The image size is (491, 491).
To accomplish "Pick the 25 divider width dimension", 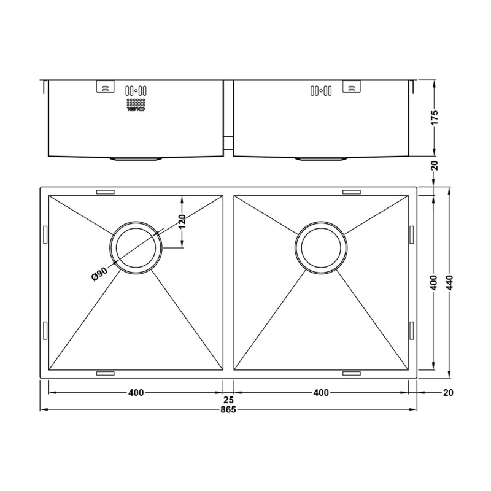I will coord(228,400).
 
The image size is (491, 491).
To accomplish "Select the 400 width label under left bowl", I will coord(136,393).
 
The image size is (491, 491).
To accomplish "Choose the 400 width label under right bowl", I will coord(320,393).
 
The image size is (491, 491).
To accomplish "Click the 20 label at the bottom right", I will coord(447,393).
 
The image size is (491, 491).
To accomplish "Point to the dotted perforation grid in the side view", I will coord(135,105).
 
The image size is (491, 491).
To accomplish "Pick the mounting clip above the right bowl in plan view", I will coord(351,192).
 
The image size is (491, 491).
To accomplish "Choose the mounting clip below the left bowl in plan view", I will coord(105,373).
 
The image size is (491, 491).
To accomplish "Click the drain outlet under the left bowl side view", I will coord(136,159).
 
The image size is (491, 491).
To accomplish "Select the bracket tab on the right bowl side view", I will coord(351,88).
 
